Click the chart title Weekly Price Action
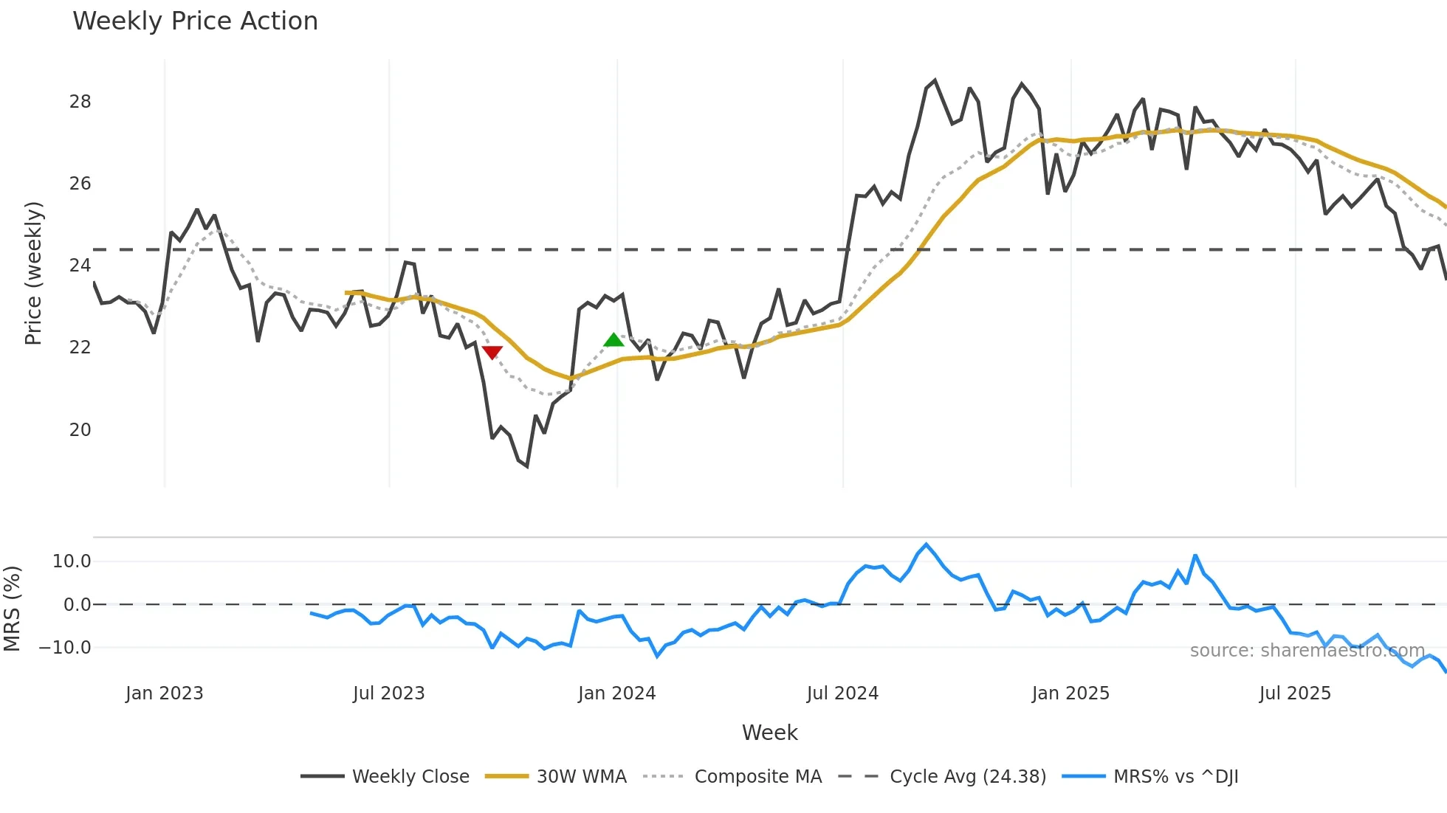[195, 21]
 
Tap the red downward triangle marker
[492, 352]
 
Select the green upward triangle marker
[613, 340]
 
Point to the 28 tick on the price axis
[80, 102]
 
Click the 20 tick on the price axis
[80, 429]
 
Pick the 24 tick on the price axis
[80, 266]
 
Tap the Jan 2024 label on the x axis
[616, 693]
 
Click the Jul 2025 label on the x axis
[1295, 693]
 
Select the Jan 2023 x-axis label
[164, 693]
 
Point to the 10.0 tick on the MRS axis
[72, 561]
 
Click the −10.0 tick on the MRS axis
[65, 648]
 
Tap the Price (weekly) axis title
[33, 273]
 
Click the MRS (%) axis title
[12, 609]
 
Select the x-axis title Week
[769, 733]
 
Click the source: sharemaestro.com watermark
[1307, 651]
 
